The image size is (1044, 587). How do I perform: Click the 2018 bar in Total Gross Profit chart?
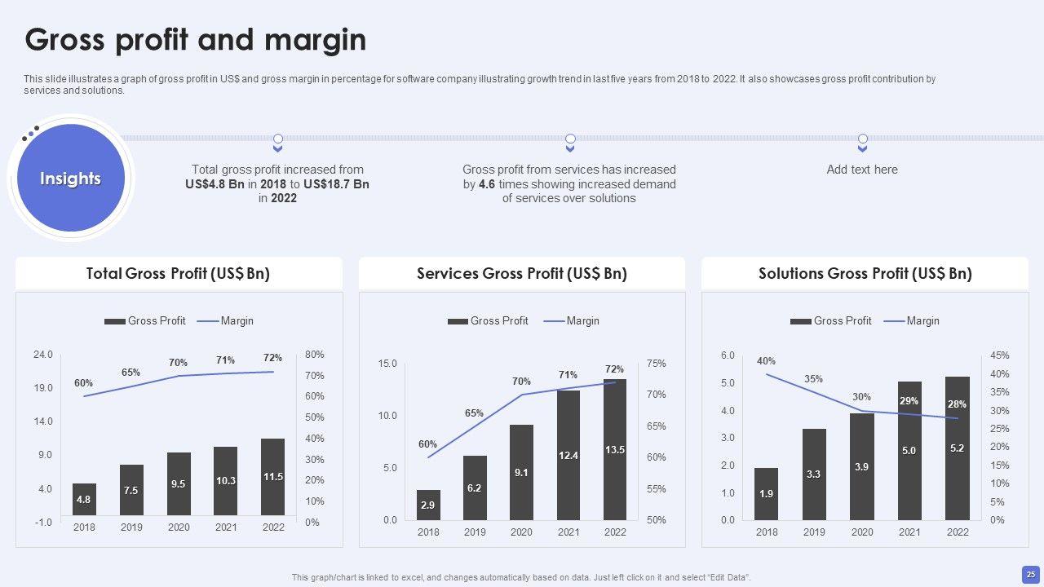84,499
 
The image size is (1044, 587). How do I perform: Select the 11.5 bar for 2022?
273,477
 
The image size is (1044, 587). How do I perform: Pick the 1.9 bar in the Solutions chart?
767,493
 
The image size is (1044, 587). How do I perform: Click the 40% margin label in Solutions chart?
766,361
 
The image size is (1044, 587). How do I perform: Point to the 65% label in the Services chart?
475,413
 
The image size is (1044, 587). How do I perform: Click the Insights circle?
70,179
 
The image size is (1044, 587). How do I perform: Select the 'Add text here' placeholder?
862,170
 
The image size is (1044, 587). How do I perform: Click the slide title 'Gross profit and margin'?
196,39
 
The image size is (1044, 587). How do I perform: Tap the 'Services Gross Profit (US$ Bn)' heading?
522,274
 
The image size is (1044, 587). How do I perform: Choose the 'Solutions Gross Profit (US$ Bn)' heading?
865,274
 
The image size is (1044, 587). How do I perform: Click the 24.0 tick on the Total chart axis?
43,355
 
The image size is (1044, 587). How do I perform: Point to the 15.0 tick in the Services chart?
387,364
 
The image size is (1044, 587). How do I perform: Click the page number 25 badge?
1031,575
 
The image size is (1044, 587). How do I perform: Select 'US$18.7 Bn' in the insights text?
336,184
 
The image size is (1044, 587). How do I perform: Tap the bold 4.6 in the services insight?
487,184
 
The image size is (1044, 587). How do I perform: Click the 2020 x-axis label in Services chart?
521,532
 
